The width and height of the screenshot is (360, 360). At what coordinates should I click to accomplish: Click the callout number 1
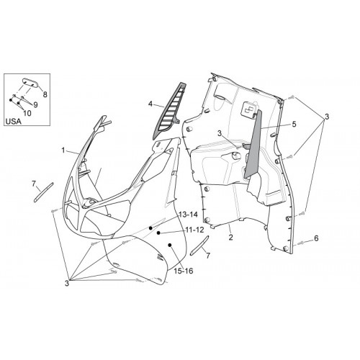63,150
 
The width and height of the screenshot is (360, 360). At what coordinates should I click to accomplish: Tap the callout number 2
230,238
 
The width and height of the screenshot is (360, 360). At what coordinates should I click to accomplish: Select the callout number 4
150,104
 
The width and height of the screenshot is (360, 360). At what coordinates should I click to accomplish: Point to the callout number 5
294,124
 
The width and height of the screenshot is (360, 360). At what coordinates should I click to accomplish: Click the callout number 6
316,238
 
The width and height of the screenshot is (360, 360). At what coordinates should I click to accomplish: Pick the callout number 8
45,94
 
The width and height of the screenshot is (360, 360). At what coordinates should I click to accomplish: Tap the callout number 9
35,104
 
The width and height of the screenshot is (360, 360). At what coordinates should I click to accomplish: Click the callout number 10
27,113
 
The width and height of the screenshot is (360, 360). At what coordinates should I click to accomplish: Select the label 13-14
188,215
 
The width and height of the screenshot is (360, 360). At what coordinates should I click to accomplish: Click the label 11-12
194,230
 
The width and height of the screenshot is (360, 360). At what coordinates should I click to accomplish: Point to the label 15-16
184,271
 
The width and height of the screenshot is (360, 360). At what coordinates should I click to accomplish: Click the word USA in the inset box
14,122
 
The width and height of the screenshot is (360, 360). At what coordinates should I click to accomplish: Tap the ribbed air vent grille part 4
169,111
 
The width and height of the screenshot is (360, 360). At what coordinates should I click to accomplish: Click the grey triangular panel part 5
253,144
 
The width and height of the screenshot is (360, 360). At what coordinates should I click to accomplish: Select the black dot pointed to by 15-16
170,245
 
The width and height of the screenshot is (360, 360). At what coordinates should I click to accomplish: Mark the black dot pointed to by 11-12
158,233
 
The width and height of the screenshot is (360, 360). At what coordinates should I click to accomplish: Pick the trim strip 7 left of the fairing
44,192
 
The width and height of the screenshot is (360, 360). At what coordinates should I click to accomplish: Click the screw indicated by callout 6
300,243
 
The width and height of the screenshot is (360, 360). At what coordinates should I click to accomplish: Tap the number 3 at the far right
327,117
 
